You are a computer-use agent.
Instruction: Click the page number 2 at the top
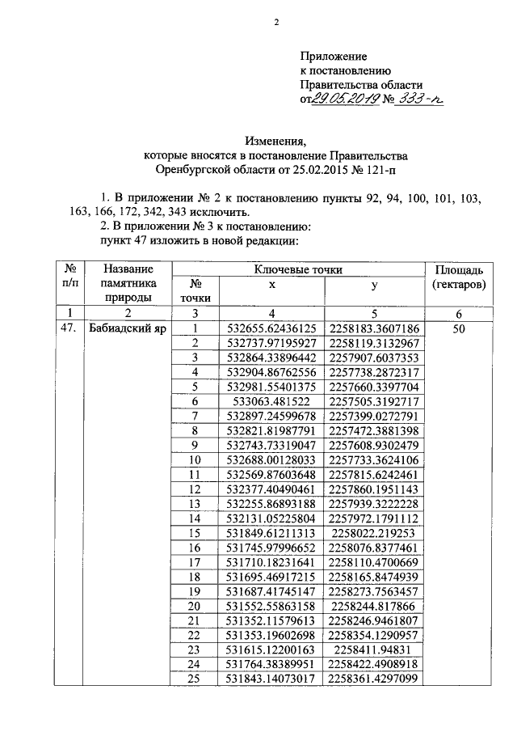coord(275,22)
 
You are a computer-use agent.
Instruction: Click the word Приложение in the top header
coord(334,57)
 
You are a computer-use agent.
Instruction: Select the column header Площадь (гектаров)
coord(458,277)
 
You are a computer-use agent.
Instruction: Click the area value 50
coord(458,329)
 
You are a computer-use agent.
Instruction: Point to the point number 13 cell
coord(193,503)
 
